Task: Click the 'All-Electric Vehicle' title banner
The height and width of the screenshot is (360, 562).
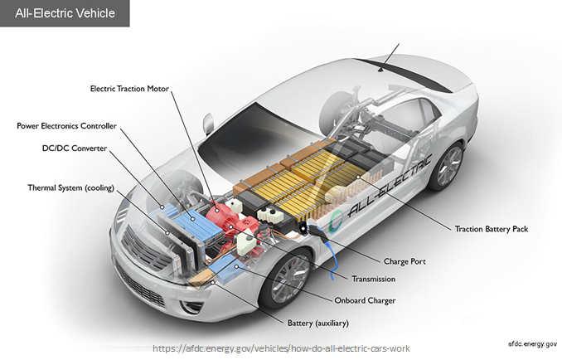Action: point(65,13)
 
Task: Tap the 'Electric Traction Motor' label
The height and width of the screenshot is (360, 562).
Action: point(135,88)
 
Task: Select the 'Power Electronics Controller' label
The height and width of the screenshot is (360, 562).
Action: point(67,126)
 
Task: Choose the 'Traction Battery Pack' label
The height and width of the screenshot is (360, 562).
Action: point(491,228)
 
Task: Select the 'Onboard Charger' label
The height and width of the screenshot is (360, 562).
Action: point(365,300)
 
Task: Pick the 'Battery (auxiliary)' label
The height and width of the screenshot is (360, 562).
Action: point(318,322)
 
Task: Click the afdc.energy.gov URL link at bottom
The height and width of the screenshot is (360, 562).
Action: point(280,348)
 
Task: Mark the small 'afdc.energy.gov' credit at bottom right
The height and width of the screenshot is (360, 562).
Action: point(531,342)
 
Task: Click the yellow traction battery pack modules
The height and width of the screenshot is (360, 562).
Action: point(307,178)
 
